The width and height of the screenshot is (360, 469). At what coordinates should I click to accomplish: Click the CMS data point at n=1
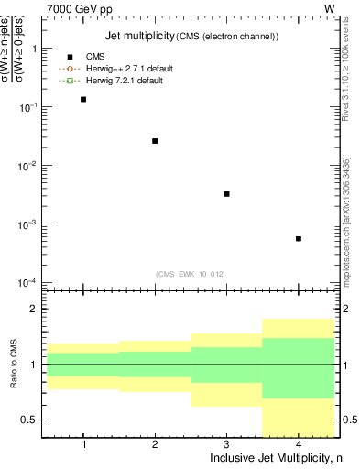[83, 99]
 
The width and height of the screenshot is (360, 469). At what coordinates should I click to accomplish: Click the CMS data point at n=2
[155, 141]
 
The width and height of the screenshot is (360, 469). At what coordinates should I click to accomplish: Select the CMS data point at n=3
[226, 194]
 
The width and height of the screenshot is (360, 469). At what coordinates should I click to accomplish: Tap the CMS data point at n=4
[299, 239]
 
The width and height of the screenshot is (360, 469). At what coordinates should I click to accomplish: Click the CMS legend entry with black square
[94, 57]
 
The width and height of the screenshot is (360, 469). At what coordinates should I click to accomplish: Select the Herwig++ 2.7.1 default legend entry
[128, 69]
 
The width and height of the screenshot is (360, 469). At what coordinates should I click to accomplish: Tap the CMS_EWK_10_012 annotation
[191, 273]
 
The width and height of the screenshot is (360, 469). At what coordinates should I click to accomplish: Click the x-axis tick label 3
[226, 444]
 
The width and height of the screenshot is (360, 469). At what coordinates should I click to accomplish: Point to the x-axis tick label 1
[83, 444]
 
